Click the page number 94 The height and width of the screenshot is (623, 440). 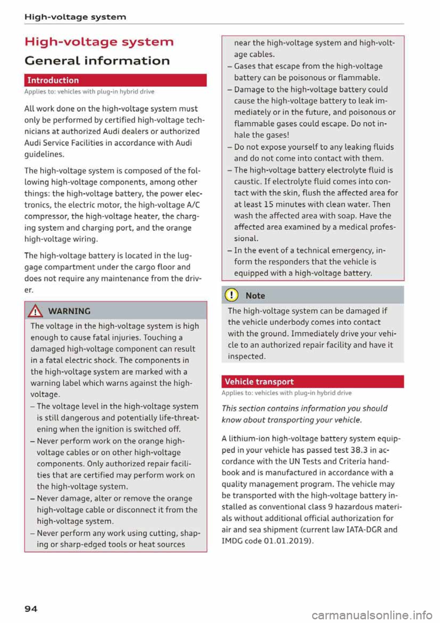click(x=31, y=609)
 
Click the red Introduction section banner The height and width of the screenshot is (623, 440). click(x=115, y=80)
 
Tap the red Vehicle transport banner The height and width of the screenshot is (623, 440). click(x=313, y=382)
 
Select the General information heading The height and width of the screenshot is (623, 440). click(x=97, y=61)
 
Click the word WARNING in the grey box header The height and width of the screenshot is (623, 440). click(x=69, y=311)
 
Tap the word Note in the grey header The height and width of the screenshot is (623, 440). click(x=255, y=296)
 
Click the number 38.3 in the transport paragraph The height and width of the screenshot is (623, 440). click(x=359, y=450)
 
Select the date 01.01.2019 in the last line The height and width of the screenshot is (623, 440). click(x=287, y=541)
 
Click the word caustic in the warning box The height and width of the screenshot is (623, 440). click(x=247, y=181)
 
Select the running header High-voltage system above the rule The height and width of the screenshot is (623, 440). click(x=75, y=17)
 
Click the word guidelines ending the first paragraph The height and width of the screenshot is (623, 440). click(x=44, y=154)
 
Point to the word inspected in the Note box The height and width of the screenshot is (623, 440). click(x=246, y=356)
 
